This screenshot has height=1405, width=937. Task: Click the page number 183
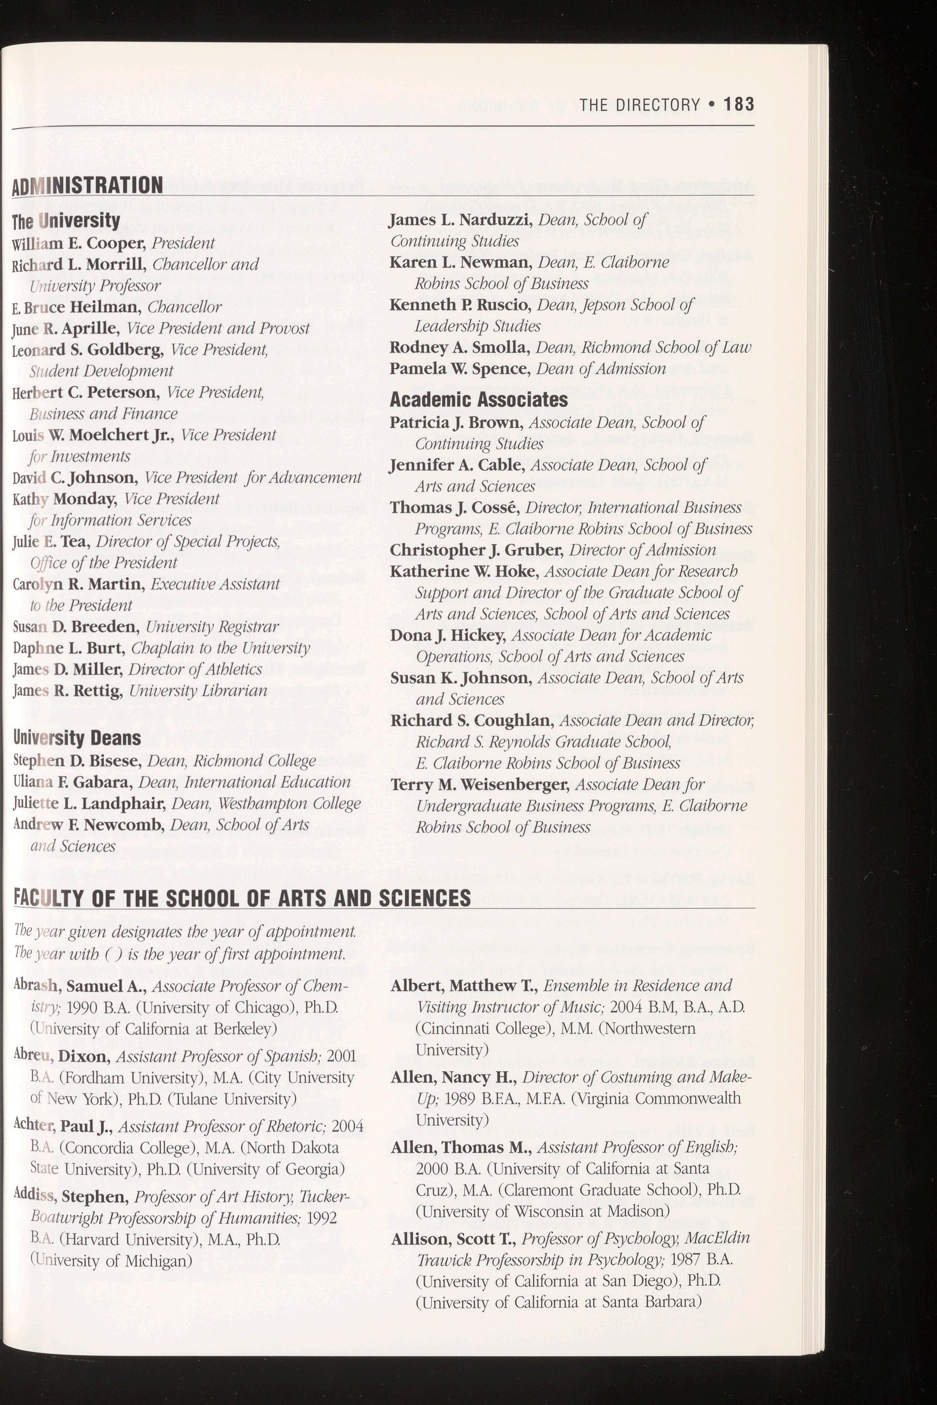(739, 105)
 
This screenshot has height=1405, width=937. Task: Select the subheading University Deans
(76, 738)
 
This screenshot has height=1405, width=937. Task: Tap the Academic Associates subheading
(479, 399)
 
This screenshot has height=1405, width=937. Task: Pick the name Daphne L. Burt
(68, 648)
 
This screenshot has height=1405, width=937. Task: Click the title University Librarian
(198, 691)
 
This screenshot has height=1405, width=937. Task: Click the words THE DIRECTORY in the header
(639, 105)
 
